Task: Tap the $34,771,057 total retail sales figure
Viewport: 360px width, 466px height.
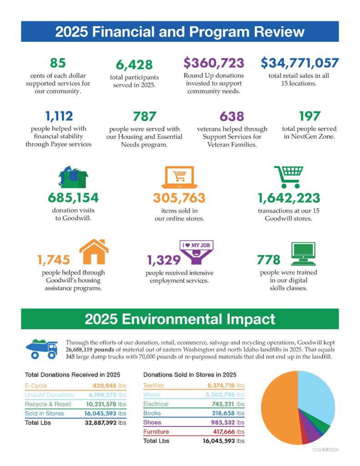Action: tap(299, 63)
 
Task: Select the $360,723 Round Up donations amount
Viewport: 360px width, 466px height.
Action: tap(213, 63)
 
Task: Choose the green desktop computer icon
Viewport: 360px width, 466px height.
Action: tap(302, 254)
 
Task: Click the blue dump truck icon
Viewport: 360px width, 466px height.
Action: tap(42, 348)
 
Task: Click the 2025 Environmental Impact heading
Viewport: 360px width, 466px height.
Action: tap(180, 319)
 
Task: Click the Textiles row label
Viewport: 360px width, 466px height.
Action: tap(153, 385)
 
